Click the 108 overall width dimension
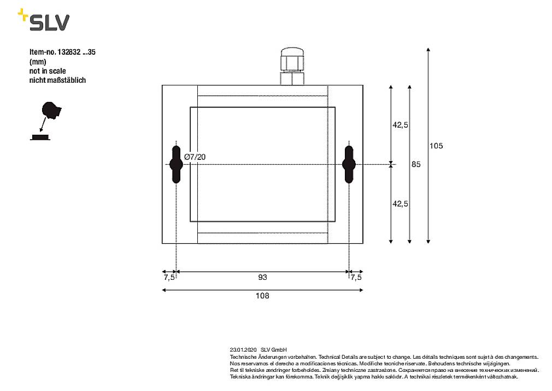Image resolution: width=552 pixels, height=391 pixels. (x=262, y=296)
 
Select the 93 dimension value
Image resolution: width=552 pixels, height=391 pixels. (x=262, y=278)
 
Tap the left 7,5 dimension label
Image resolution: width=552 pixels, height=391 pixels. (x=169, y=278)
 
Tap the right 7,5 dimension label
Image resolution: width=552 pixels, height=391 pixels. (x=356, y=278)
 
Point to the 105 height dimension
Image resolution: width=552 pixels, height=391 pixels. (x=436, y=146)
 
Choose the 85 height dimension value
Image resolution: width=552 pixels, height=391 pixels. (x=416, y=164)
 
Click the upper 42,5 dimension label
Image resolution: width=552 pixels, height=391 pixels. (x=401, y=125)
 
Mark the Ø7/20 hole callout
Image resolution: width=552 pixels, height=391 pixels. (x=195, y=157)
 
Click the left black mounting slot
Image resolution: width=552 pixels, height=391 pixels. (x=176, y=164)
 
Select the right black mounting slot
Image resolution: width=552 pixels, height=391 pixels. (x=349, y=164)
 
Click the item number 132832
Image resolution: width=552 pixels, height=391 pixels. (x=68, y=53)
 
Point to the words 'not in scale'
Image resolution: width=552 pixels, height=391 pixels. (x=48, y=71)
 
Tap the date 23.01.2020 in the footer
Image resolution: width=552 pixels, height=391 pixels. (x=243, y=349)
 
